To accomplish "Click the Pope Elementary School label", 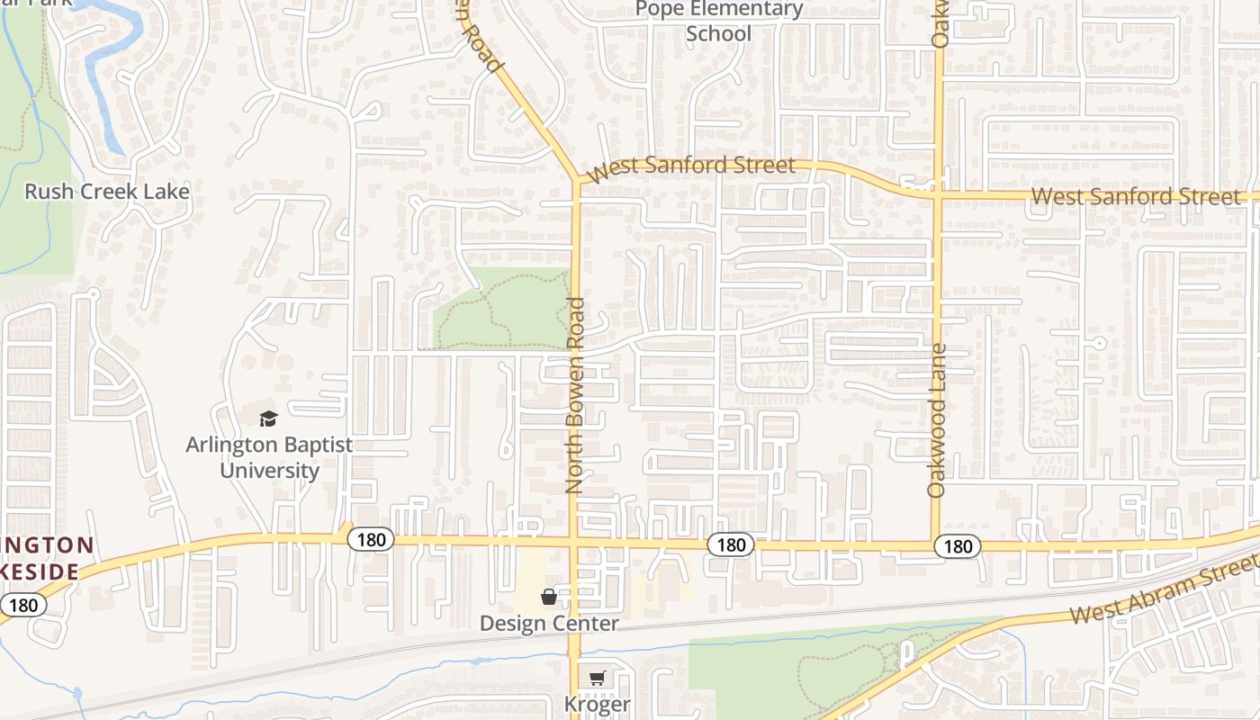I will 718,21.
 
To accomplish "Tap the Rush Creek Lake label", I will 107,191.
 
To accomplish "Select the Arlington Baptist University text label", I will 269,457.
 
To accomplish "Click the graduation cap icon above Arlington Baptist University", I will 268,418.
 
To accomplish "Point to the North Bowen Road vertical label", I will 575,396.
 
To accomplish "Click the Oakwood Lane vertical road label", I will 937,420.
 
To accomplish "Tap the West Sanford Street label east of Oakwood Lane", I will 1136,196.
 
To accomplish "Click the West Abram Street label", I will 1163,589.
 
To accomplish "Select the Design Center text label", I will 549,623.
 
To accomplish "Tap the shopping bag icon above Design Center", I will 548,597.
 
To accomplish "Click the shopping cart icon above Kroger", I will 598,679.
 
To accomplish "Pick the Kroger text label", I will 598,704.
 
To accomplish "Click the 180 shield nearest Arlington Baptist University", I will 370,539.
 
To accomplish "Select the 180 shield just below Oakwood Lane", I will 958,545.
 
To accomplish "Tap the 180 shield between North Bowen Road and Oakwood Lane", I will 731,544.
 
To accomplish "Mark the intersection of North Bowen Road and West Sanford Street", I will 576,179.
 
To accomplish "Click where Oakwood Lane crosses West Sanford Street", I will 937,193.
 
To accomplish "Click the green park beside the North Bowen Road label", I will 500,309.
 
